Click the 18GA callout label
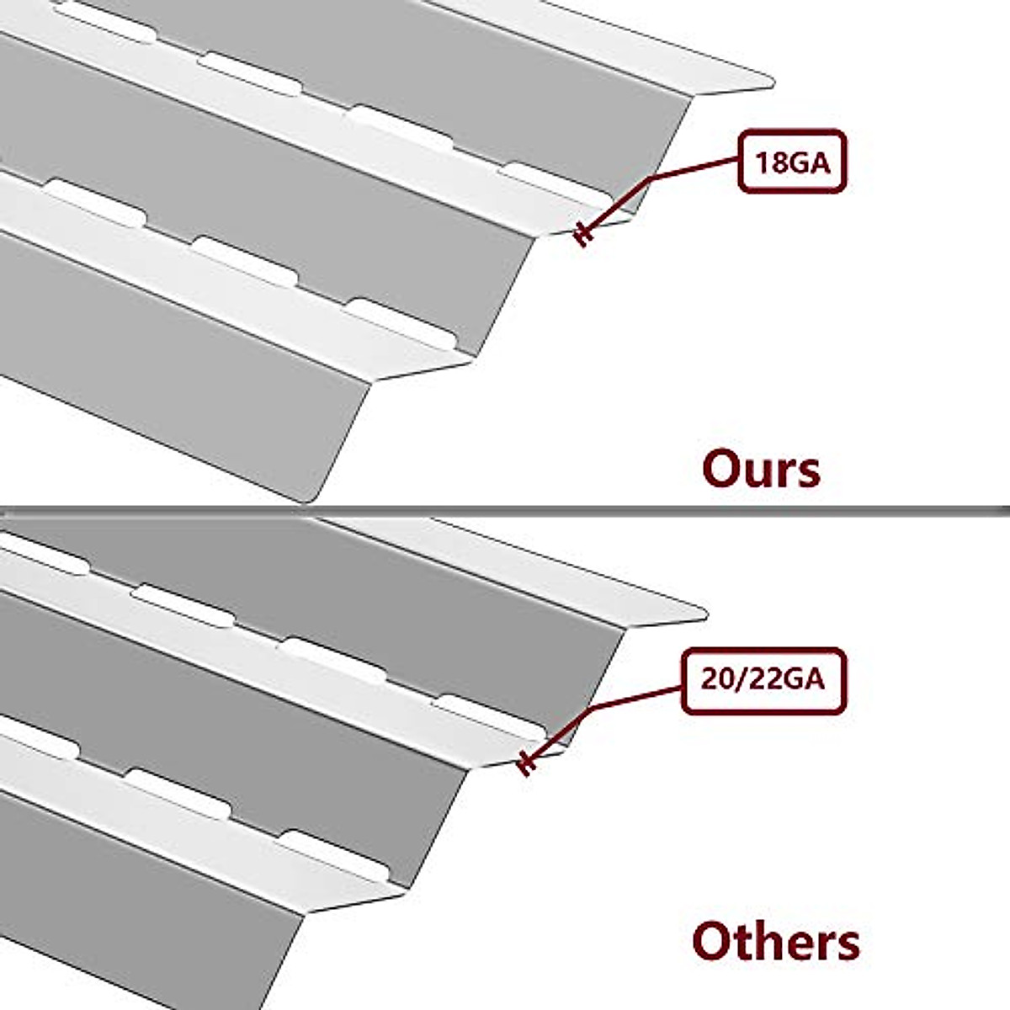(x=791, y=162)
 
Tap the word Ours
(x=761, y=469)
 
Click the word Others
(x=775, y=940)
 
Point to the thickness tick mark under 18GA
(x=582, y=235)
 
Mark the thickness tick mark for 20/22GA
(x=526, y=763)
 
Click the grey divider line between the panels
(x=505, y=509)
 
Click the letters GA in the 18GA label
(x=810, y=162)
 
